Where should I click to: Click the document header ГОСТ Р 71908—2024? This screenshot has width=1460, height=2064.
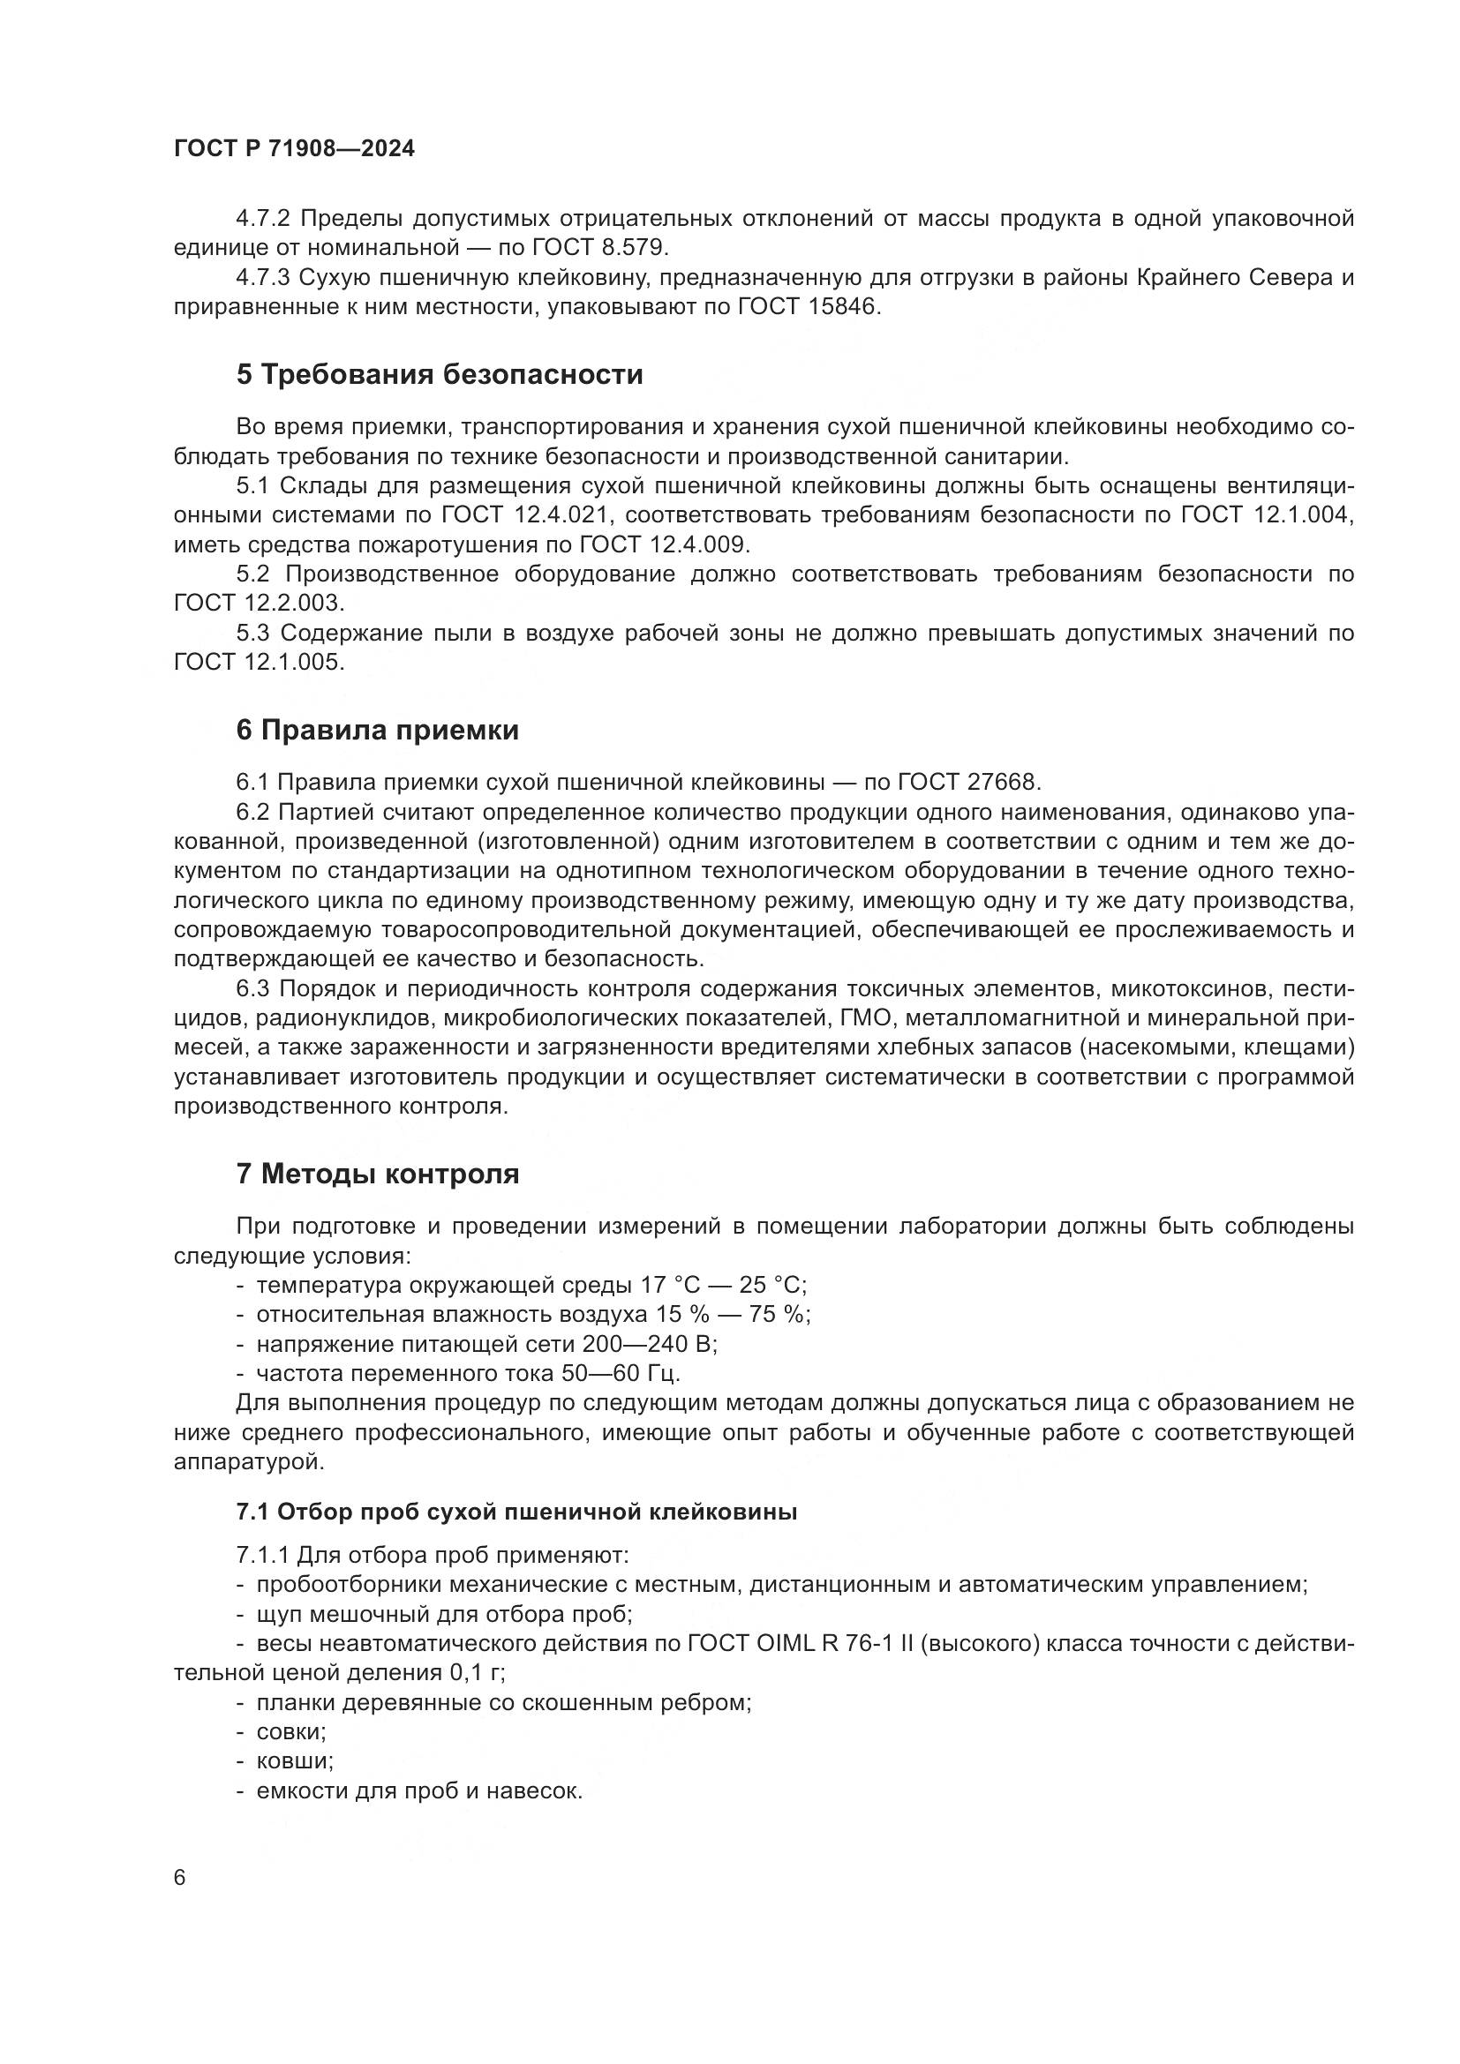[x=294, y=149]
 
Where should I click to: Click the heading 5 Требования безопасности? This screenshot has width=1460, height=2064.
[x=440, y=374]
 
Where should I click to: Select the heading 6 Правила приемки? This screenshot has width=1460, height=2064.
[x=378, y=730]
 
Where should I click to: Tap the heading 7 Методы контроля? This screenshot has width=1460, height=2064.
[x=378, y=1174]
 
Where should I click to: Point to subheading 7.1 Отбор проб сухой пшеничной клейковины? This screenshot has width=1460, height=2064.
[x=517, y=1512]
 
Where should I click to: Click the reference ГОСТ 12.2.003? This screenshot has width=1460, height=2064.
[x=259, y=604]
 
